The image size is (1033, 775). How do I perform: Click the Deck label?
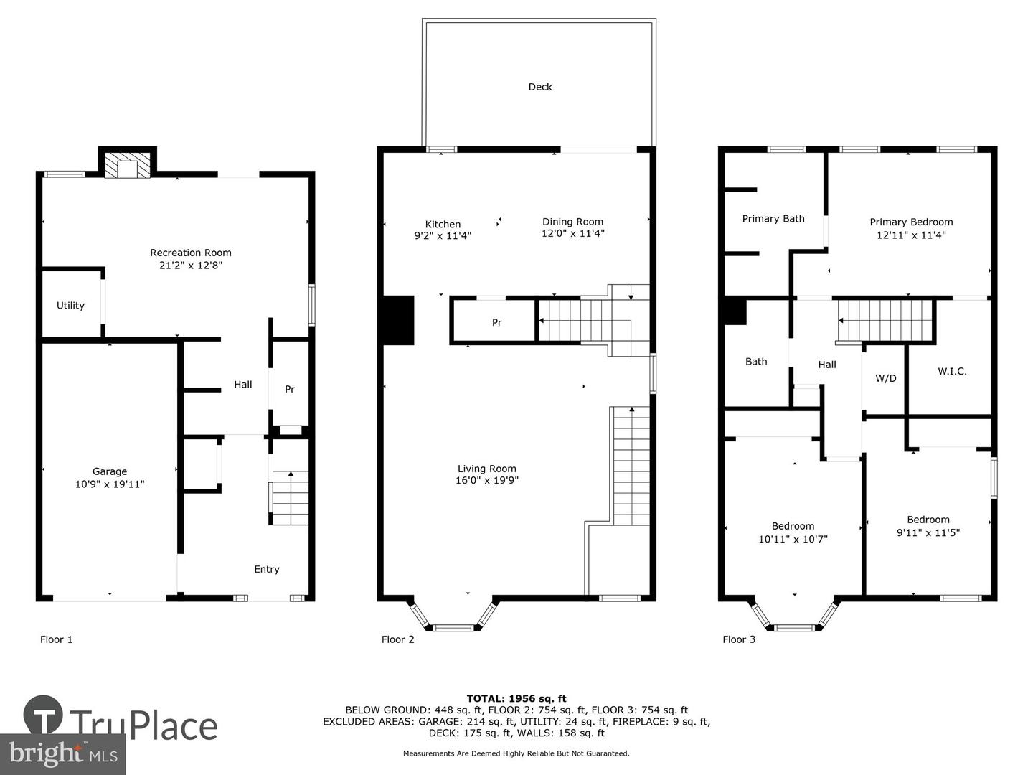[x=539, y=87]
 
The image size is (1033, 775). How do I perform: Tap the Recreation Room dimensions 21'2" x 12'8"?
[x=191, y=266]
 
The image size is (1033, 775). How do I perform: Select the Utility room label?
[x=70, y=306]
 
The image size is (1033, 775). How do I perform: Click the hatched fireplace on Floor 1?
[x=127, y=164]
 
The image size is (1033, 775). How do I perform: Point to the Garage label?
[x=110, y=471]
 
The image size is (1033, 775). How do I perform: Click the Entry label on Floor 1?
[x=267, y=569]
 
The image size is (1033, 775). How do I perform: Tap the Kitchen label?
[x=443, y=225]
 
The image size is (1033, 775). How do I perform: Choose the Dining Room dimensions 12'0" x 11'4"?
[x=572, y=233]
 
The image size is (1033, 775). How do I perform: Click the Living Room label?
[x=487, y=469]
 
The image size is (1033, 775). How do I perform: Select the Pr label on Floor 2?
[x=497, y=323]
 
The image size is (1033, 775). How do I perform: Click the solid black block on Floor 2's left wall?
[x=398, y=321]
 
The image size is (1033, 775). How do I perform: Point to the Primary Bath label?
[x=773, y=219]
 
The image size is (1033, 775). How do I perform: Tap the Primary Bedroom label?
[x=911, y=222]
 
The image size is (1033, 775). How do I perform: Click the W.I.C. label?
[x=952, y=371]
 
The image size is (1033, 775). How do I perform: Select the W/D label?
[x=886, y=378]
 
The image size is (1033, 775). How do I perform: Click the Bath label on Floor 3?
[x=756, y=362]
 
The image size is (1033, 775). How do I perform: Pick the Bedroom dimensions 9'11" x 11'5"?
[x=928, y=533]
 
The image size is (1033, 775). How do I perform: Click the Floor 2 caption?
[x=397, y=639]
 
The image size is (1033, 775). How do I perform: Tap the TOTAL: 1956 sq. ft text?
[x=516, y=699]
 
